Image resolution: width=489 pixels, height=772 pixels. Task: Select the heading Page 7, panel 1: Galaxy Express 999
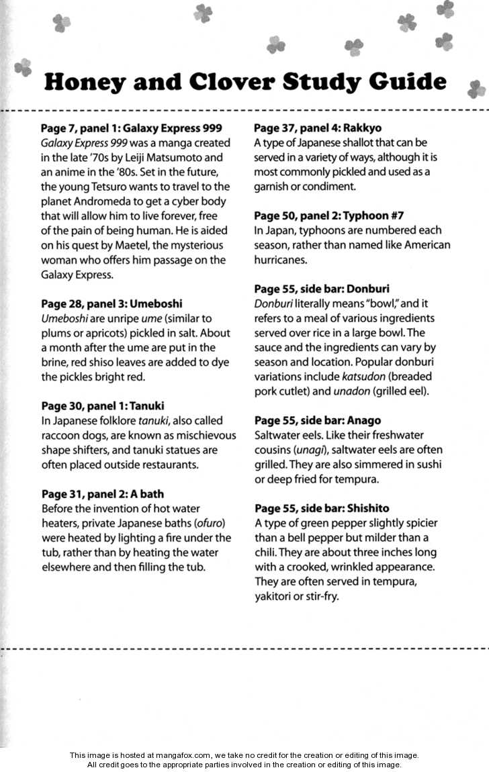[x=132, y=128]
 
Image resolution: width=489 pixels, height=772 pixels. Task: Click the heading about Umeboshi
[x=112, y=303]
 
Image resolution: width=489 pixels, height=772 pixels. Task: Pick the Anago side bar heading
[x=318, y=420]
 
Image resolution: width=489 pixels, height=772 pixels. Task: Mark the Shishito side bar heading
[x=322, y=508]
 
